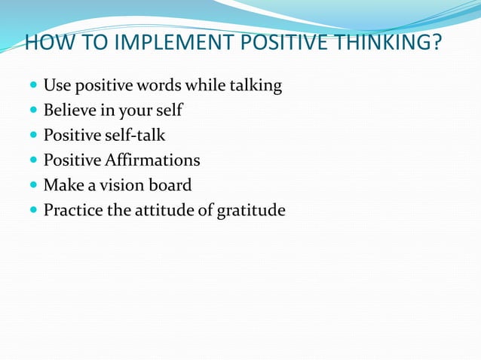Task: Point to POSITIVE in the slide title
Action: pos(278,44)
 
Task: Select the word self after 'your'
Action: pos(167,111)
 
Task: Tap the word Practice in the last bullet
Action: pos(72,210)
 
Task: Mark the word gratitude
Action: pos(250,210)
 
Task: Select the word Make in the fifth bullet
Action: pos(60,185)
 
